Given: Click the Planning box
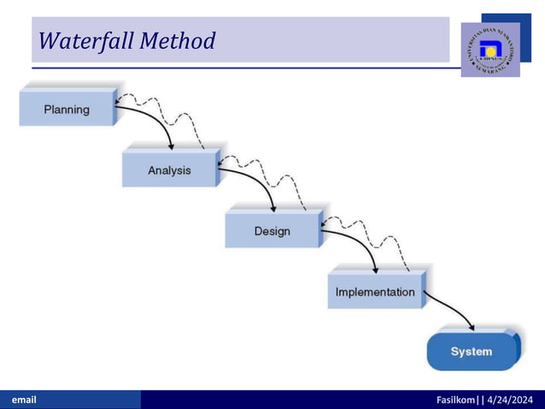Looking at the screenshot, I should [x=67, y=110].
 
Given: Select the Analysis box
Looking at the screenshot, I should [x=169, y=170].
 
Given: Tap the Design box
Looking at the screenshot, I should [x=272, y=231].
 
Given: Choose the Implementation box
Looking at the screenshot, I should [x=375, y=292].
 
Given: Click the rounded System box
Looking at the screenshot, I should [x=472, y=352].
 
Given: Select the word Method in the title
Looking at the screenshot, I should [x=179, y=40].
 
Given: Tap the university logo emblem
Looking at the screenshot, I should [x=489, y=49].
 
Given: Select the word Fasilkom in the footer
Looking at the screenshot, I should [x=457, y=400].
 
